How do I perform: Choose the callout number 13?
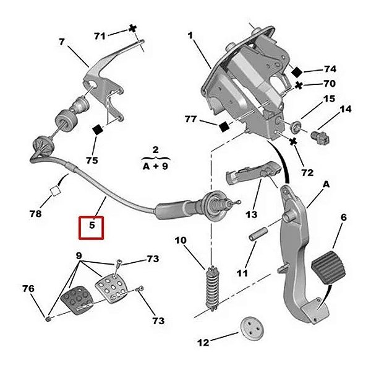pyautogui.click(x=250, y=215)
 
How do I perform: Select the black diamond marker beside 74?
pyautogui.click(x=297, y=71)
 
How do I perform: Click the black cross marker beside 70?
pyautogui.click(x=299, y=84)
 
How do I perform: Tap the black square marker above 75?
pyautogui.click(x=97, y=130)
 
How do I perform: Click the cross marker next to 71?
pyautogui.click(x=132, y=28)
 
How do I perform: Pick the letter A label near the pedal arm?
pyautogui.click(x=326, y=185)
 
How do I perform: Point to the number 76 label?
pyautogui.click(x=28, y=288)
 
